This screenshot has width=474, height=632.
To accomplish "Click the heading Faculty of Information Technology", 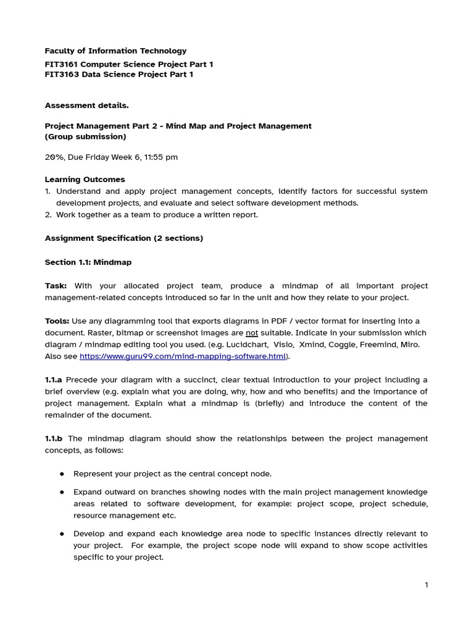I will [115, 51].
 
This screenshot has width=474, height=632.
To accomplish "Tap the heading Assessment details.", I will [86, 106].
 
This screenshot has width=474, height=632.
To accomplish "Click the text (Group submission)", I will [85, 136].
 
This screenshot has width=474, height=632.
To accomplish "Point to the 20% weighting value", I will [54, 157].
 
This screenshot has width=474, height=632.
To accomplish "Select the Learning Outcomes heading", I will [85, 180].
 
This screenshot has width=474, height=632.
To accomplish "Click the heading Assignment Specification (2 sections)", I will [123, 238].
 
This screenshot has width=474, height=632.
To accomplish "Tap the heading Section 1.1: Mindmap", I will [88, 262].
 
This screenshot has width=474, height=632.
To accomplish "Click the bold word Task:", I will [56, 286].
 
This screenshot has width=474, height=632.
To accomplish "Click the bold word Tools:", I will [57, 321].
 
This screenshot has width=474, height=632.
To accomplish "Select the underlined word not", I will [252, 333].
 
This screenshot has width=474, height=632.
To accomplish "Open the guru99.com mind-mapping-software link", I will [183, 356].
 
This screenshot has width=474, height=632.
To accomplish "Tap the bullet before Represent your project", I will [62, 474].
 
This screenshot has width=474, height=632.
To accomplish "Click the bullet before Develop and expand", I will [62, 534].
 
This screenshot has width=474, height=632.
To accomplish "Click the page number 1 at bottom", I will [426, 585].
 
